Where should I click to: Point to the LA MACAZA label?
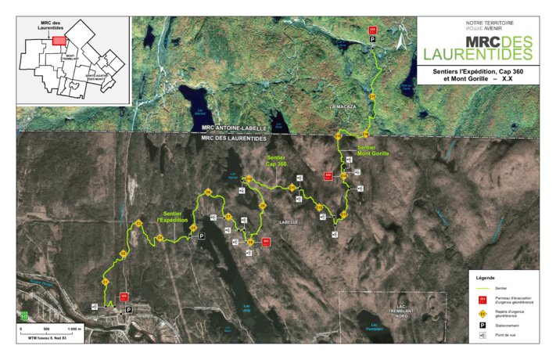tap(343, 106)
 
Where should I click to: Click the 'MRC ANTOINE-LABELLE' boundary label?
tap(234, 128)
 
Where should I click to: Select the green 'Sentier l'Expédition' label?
tap(174, 217)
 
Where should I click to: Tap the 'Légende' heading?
tap(486, 277)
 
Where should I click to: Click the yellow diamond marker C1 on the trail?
tap(105, 282)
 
